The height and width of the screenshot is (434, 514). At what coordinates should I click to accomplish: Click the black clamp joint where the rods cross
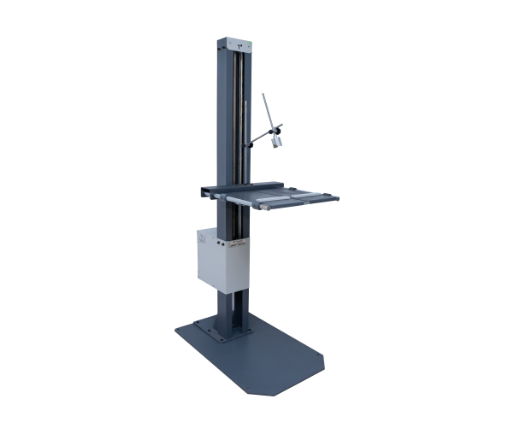click(275, 128)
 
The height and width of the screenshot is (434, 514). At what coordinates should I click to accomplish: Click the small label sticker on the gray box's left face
click(202, 241)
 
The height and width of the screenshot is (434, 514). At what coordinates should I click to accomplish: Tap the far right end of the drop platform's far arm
click(340, 196)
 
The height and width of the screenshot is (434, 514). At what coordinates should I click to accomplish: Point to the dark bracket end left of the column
click(202, 192)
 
